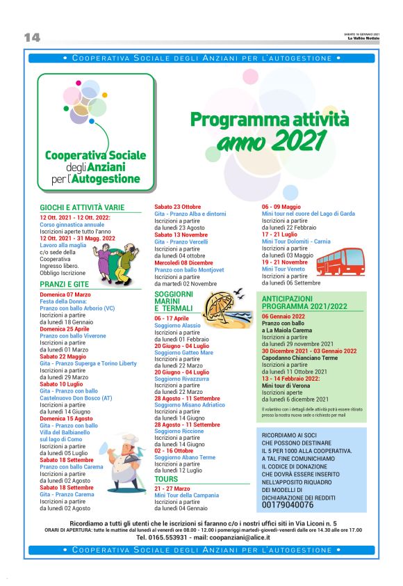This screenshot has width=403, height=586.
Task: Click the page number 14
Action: [x=32, y=38]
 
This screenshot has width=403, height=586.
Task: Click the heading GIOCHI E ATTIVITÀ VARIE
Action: [x=82, y=207]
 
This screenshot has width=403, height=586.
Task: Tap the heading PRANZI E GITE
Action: [x=65, y=285]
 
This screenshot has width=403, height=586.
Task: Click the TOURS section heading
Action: [x=166, y=480]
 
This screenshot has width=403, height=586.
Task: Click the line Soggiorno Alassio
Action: [x=177, y=325]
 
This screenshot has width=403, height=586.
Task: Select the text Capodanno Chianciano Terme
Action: [x=299, y=358]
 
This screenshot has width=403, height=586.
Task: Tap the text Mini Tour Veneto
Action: [x=283, y=269]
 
